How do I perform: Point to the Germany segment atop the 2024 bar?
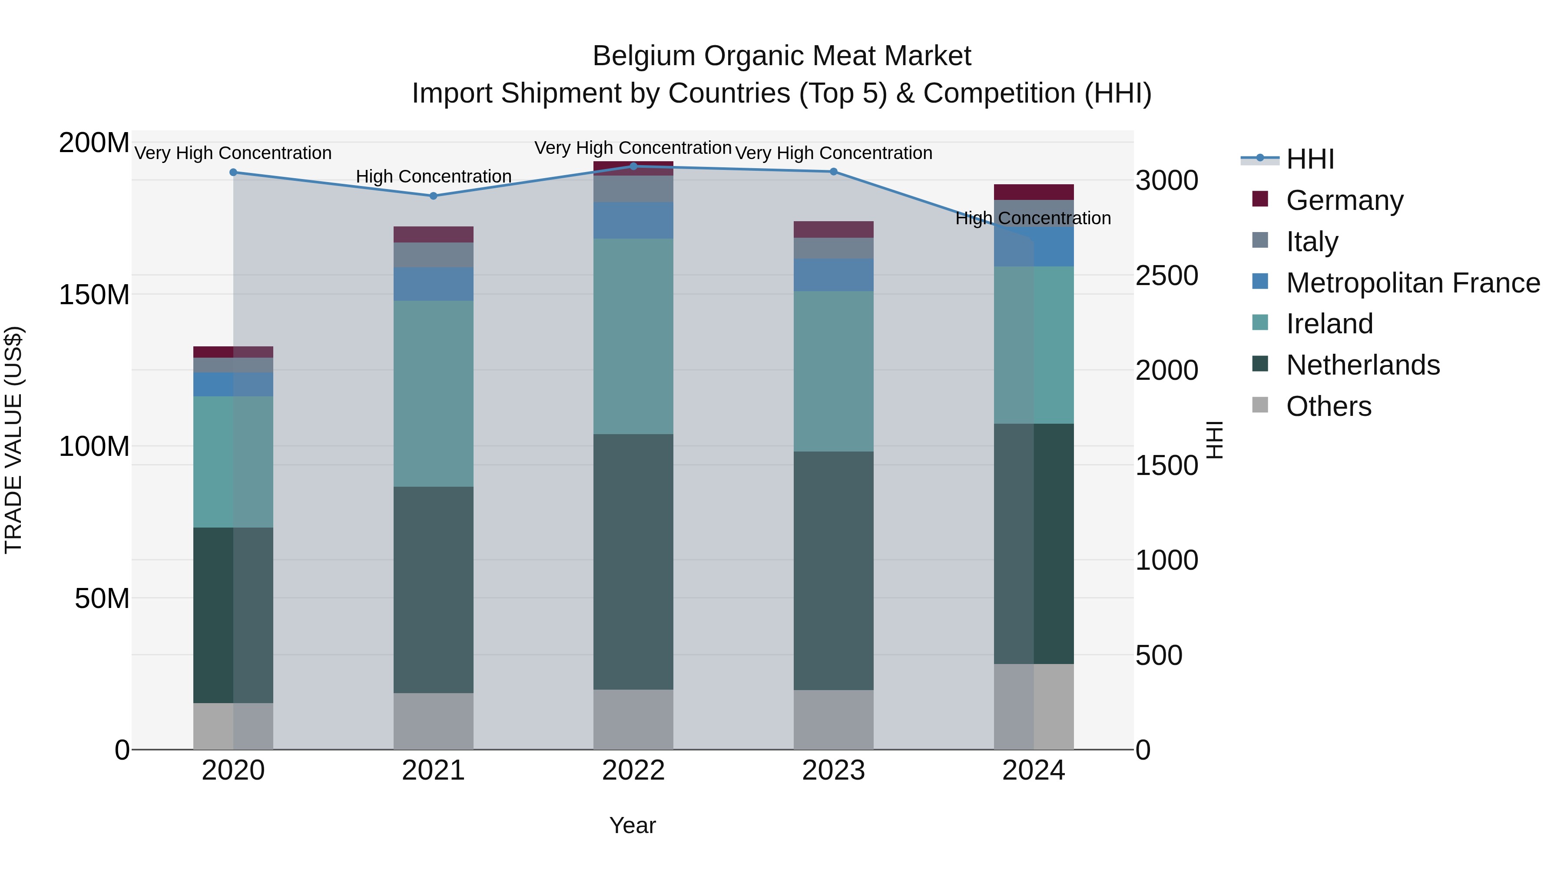coord(1034,192)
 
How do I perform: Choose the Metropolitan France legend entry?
coord(1412,283)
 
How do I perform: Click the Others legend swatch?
coord(1260,405)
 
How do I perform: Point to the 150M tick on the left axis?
coord(94,295)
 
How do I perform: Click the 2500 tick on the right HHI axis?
coord(1166,276)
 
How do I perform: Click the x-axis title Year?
coord(632,825)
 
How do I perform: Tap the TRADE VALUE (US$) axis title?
coord(13,440)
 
